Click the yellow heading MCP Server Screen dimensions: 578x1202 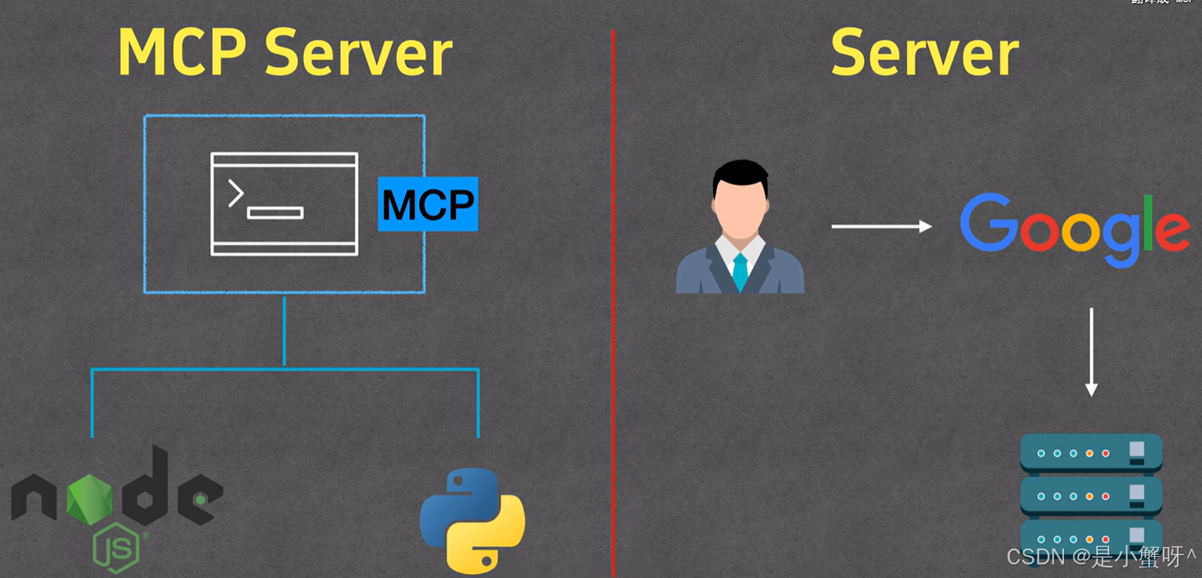tap(284, 53)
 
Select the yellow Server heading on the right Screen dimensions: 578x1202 tap(924, 53)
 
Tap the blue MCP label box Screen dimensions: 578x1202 tap(428, 204)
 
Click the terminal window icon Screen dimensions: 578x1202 tap(284, 204)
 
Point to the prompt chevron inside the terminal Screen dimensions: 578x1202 tap(235, 193)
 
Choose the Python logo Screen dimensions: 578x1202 tap(472, 521)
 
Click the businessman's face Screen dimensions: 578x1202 tap(740, 208)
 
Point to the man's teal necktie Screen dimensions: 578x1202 tap(740, 270)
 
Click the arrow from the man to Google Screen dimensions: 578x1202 tap(881, 226)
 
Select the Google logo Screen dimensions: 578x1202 tap(1074, 228)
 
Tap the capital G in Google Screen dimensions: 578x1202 tap(987, 223)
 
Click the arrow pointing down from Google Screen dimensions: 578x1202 tap(1091, 351)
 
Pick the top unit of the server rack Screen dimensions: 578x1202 tap(1091, 453)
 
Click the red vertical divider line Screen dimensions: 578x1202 tap(613, 302)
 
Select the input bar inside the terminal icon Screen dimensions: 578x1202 tap(275, 213)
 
